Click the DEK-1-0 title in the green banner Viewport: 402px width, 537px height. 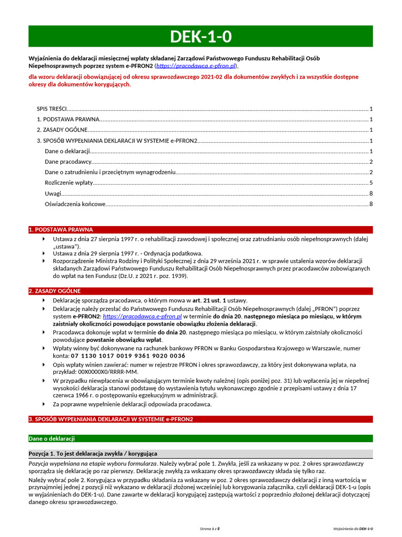click(x=201, y=36)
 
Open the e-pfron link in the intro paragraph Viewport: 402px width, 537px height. click(x=196, y=66)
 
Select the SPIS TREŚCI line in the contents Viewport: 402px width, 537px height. click(x=52, y=109)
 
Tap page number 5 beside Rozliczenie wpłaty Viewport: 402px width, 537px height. click(x=371, y=182)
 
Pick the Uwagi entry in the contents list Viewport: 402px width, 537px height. click(x=53, y=194)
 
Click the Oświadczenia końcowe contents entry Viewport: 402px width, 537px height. click(x=75, y=204)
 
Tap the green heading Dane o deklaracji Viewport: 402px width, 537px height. click(x=52, y=438)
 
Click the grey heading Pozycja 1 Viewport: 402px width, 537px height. click(x=92, y=453)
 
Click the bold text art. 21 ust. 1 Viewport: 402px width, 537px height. click(x=209, y=300)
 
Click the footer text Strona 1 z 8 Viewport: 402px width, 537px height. click(x=209, y=529)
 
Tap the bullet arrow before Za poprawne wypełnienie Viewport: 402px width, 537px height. click(x=43, y=404)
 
